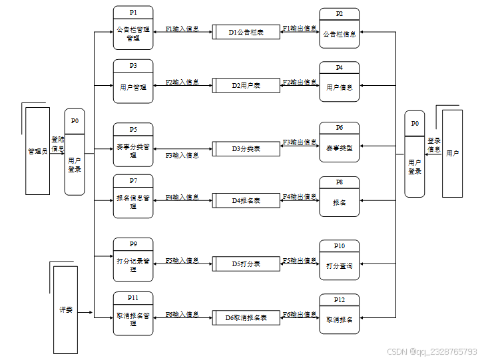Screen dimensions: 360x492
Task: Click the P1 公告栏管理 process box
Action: coord(133,29)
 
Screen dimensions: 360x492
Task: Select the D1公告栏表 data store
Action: coord(246,32)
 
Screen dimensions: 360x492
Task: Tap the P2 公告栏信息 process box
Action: coord(340,29)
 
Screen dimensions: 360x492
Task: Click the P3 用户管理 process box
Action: coord(133,82)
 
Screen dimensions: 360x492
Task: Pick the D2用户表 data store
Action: coord(246,85)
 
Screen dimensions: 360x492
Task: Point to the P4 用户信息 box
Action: coord(340,82)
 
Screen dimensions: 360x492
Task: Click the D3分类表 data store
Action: coord(246,148)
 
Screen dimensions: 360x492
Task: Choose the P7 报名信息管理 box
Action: coord(133,196)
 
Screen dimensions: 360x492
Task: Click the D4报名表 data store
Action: coord(246,200)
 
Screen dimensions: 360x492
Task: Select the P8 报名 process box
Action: coord(340,197)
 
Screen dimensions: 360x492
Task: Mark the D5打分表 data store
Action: coord(246,264)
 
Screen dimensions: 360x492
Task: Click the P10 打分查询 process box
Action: coord(340,260)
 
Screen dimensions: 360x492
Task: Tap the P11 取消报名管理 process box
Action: coord(133,313)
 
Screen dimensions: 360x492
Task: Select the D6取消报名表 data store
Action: coord(246,318)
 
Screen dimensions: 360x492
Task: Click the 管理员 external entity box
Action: coord(38,151)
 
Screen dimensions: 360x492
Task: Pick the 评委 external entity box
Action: coord(65,310)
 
